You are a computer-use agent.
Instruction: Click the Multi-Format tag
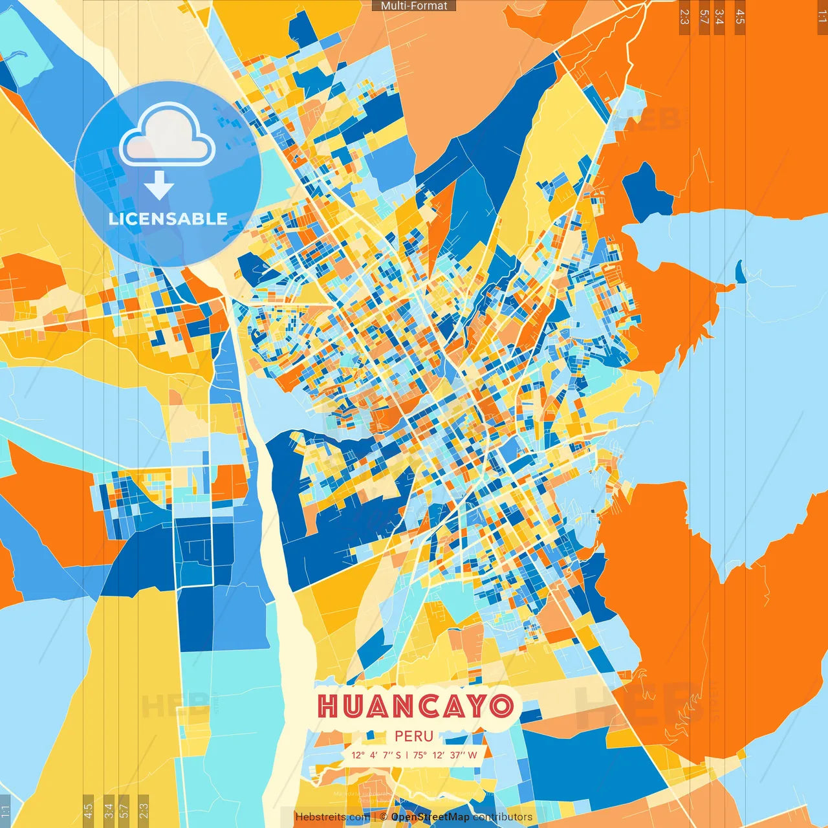[414, 6]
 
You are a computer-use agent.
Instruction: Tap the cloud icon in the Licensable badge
[168, 136]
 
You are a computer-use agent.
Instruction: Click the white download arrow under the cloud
[159, 185]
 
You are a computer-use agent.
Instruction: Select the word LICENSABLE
[168, 219]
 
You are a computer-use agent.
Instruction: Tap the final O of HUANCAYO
[501, 706]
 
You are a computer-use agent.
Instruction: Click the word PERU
[414, 736]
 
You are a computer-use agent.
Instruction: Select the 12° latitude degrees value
[358, 755]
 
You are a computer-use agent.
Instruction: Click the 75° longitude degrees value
[420, 755]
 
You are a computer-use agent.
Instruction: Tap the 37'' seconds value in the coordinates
[457, 755]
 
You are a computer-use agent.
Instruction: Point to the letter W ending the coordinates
[473, 755]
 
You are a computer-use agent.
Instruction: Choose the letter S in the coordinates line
[398, 755]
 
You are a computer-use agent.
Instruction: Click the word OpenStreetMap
[430, 817]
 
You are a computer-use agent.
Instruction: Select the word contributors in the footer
[503, 817]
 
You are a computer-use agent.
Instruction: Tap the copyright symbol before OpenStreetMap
[384, 817]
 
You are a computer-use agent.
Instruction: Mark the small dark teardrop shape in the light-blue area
[739, 272]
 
